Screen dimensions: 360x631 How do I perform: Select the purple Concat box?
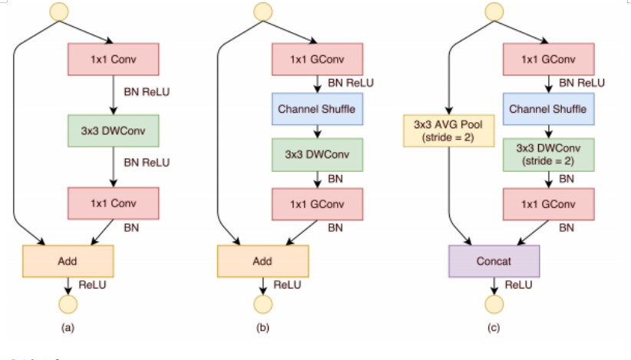[x=495, y=261]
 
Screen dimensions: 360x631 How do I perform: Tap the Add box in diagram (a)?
[x=68, y=261]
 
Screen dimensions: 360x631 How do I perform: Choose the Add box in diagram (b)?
[x=263, y=261]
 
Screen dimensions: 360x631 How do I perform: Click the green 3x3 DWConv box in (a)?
[x=114, y=132]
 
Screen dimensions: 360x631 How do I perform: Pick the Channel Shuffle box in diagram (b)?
[x=318, y=109]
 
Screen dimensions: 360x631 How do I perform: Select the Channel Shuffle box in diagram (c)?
[x=548, y=109]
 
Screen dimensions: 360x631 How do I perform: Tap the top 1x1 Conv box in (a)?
[x=114, y=60]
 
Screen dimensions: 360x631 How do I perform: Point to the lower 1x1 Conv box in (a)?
[x=114, y=203]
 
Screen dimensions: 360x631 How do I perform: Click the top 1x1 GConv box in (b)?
[x=318, y=60]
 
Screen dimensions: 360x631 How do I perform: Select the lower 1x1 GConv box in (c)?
[x=548, y=203]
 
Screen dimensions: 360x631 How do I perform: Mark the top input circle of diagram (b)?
[x=263, y=12]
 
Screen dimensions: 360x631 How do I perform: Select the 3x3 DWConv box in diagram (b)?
[x=318, y=154]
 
